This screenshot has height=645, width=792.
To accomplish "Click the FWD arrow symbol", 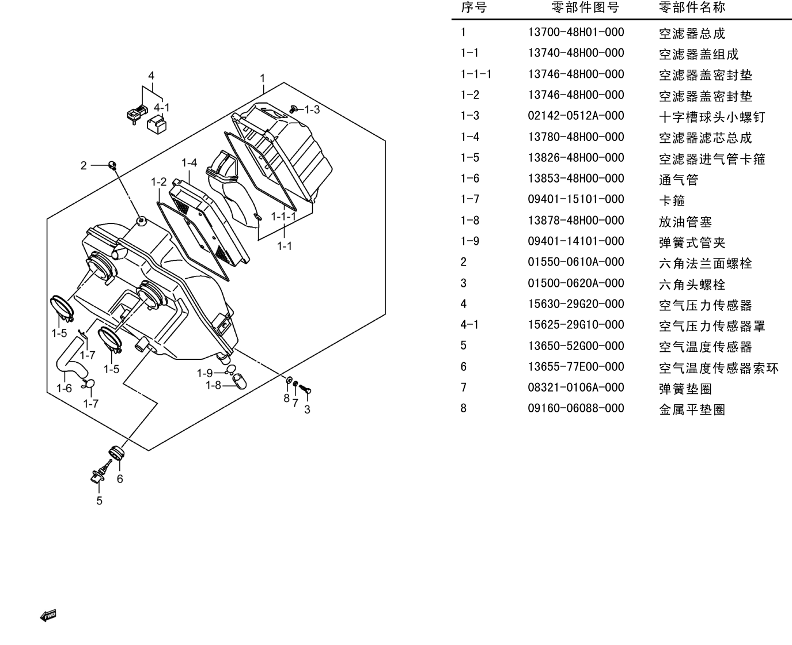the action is tap(48, 615).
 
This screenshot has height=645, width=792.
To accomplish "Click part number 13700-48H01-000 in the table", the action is tap(576, 32).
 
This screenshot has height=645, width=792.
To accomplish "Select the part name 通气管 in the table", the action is tap(679, 180).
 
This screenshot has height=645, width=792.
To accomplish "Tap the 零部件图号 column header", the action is tap(585, 7).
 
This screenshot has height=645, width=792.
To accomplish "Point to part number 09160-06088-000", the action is tap(576, 408).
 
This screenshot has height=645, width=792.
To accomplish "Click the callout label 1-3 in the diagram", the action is tap(312, 109).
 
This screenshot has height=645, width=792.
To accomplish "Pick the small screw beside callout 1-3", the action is tap(294, 109).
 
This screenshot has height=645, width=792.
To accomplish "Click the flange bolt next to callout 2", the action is tap(112, 165).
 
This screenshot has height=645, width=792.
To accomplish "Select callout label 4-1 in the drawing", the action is tap(162, 108).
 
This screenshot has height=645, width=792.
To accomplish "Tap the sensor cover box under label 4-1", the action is tap(157, 124).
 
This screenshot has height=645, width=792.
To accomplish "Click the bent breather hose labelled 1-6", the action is tap(71, 358).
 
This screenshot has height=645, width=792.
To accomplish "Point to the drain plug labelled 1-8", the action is tap(239, 382).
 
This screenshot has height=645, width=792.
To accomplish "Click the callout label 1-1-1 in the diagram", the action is tap(283, 216).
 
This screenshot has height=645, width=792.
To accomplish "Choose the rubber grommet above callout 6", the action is tap(117, 452).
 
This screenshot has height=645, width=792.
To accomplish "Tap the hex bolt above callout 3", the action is tap(305, 389).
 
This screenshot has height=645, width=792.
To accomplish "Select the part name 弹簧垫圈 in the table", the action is tap(685, 389).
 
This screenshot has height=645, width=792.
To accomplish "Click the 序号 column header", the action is tap(473, 7).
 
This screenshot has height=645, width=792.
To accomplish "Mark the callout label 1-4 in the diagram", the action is tap(190, 163).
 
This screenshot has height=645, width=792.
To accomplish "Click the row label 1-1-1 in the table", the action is tap(476, 74).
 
